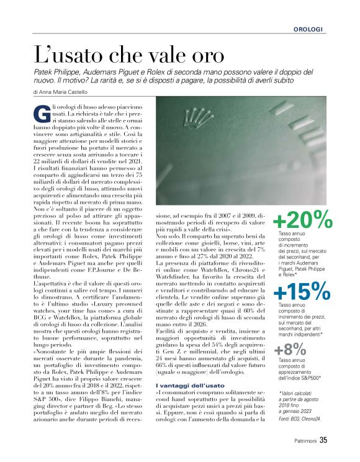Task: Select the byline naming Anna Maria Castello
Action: tap(61, 92)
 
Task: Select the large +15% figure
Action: tap(302, 291)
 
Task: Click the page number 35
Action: tap(323, 442)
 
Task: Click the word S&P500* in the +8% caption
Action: tap(311, 377)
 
